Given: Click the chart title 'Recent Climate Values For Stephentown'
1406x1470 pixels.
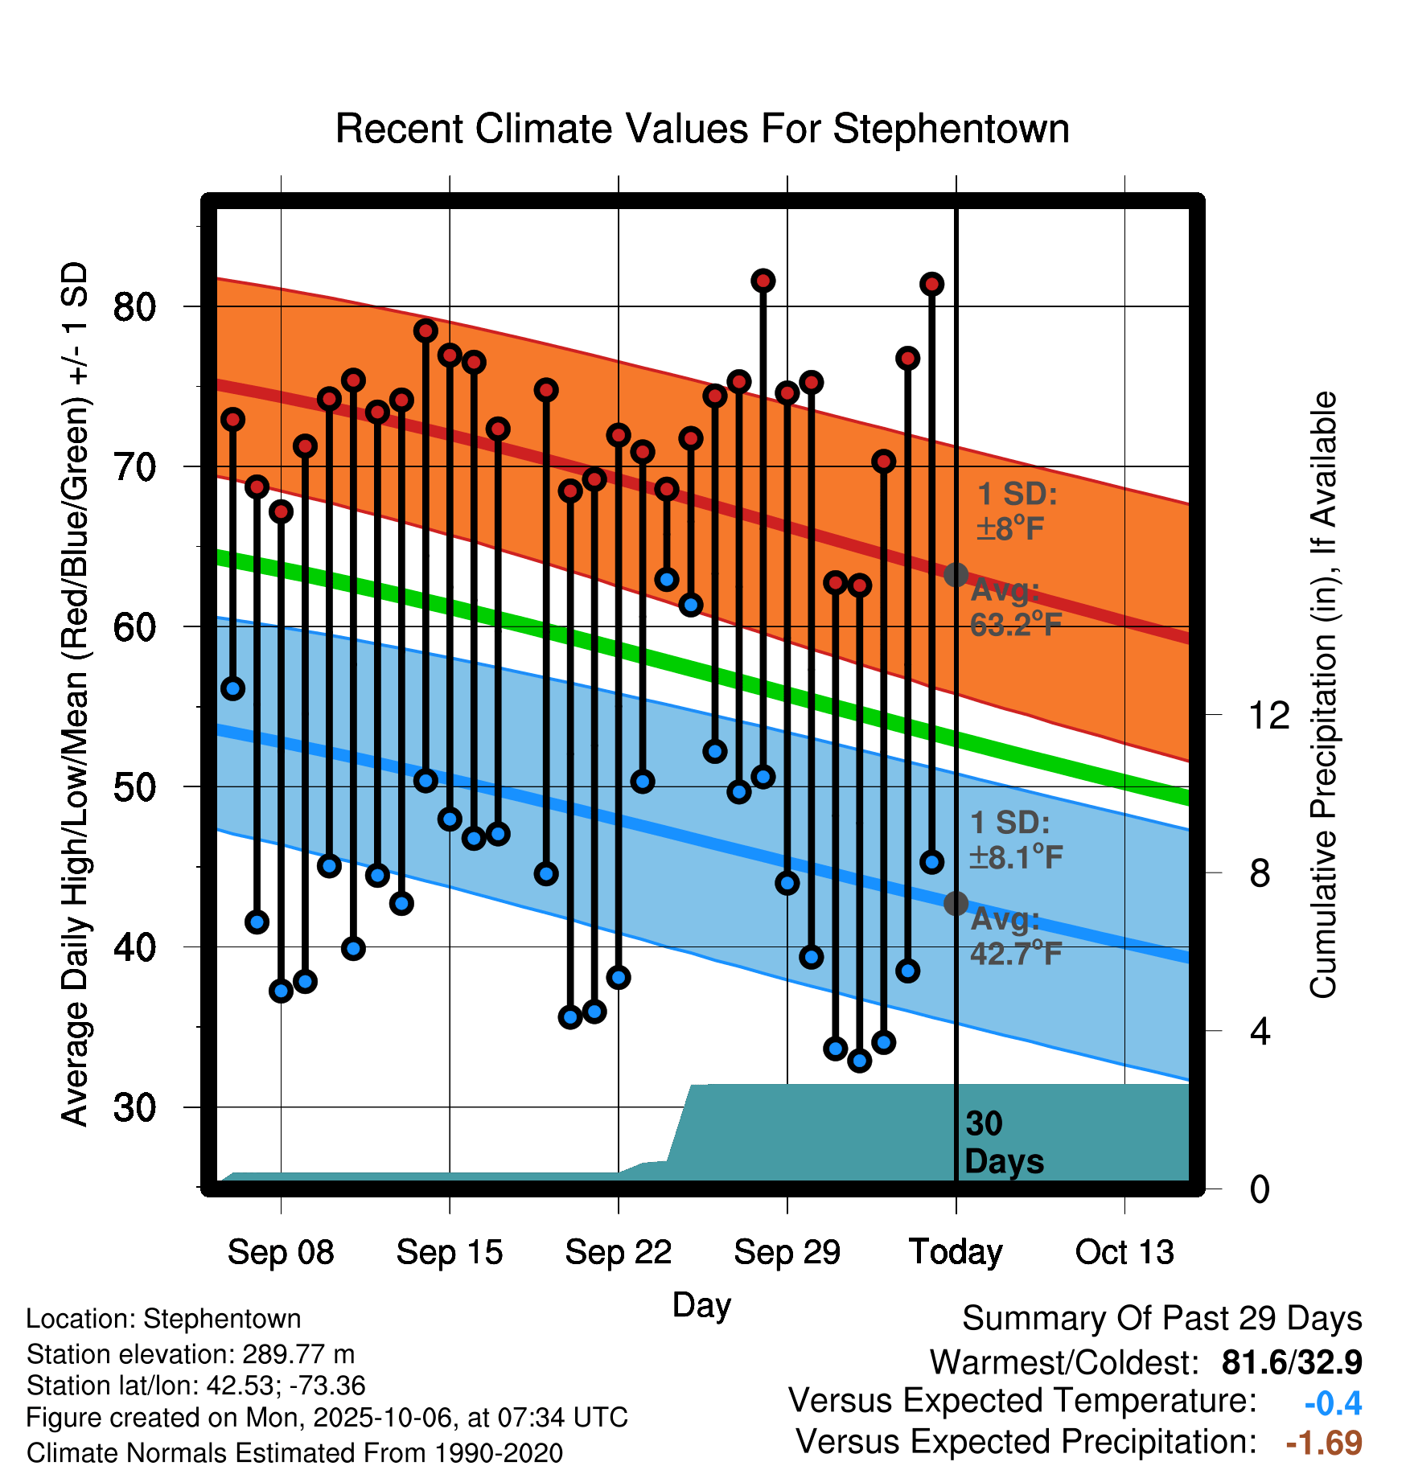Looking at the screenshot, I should [702, 129].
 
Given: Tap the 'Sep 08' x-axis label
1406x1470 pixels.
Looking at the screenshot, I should [280, 1252].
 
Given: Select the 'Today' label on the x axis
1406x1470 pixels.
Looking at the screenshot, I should [956, 1252].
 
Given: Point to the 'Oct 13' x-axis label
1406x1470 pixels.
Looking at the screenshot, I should [1124, 1252].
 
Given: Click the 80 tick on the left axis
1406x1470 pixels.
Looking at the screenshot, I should [134, 306].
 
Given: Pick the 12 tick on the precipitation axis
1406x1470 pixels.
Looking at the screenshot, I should [1268, 715].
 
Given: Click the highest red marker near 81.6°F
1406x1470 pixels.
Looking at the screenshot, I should [763, 281].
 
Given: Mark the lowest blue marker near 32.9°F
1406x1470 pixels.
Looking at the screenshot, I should [860, 1061].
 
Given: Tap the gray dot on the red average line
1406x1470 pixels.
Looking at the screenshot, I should [956, 575].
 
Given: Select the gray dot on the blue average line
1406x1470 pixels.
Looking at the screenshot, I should [956, 904].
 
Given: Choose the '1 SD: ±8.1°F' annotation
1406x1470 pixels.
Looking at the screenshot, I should [1016, 840].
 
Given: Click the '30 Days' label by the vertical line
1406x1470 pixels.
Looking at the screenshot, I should [1003, 1143].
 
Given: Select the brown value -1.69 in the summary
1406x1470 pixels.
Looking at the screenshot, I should [1324, 1443].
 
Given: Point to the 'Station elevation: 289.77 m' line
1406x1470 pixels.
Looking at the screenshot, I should [191, 1354].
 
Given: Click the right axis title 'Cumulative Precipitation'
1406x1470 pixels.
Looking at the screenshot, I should [1323, 696].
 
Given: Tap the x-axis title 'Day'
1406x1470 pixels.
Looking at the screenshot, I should [701, 1304].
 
